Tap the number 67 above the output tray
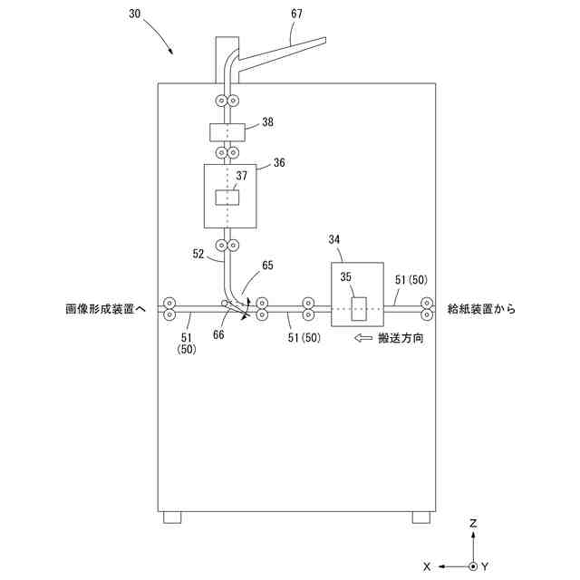[x=297, y=14]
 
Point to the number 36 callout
[x=278, y=162]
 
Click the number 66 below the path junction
[x=218, y=334]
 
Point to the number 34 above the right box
[x=335, y=239]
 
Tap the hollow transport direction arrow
[x=363, y=337]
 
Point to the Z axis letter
[x=473, y=524]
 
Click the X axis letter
[x=426, y=565]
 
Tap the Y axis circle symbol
[x=473, y=565]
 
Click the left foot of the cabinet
[x=172, y=517]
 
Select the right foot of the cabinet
[x=420, y=517]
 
